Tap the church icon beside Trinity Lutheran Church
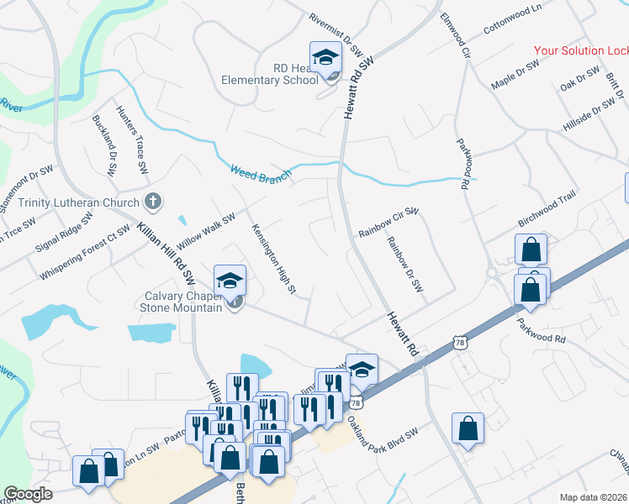point(152,202)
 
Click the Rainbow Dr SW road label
point(404,264)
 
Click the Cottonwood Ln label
point(512,21)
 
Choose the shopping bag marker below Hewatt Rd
point(468,428)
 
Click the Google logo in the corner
point(29,495)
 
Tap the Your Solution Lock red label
point(581,50)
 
